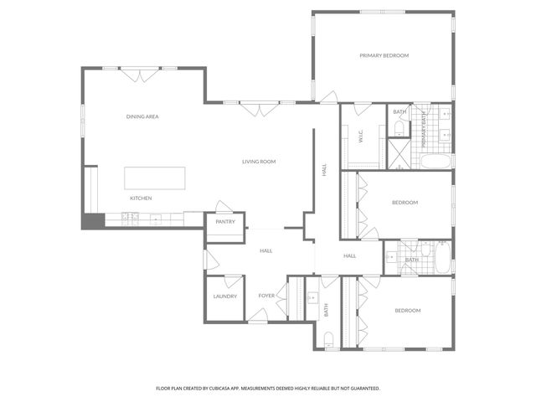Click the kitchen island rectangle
tap(155, 178)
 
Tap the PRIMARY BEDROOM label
tap(384, 55)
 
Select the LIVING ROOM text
tap(259, 162)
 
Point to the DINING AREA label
tap(142, 116)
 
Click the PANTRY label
tap(224, 222)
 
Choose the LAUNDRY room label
tap(224, 296)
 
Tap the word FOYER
tap(266, 296)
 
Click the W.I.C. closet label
tap(361, 136)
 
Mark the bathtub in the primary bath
tap(435, 162)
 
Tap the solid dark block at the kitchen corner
tap(91, 221)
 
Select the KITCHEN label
tap(140, 198)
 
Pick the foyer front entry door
tap(258, 316)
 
